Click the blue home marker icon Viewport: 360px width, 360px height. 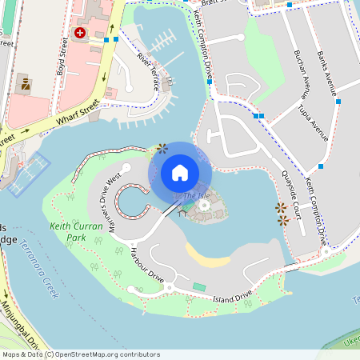(180, 173)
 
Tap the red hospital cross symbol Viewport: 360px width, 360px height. (80, 33)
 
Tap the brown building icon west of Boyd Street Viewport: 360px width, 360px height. (24, 83)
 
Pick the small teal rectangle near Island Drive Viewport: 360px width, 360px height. (198, 286)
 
